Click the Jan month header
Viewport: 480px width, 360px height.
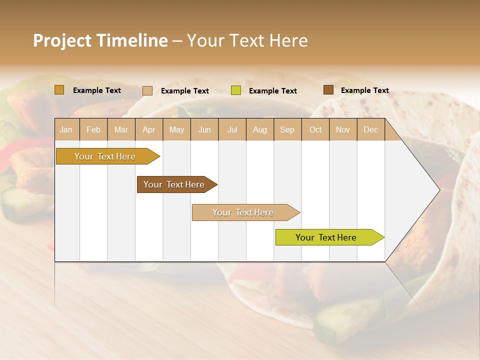coord(66,130)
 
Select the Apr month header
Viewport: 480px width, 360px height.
coord(148,130)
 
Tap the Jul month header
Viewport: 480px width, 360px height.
coord(232,130)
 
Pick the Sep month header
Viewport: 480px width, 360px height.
coord(287,130)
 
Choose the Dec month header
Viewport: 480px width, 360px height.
coord(370,130)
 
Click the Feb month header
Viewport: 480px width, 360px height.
coord(93,130)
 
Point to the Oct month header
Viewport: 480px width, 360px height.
coord(315,130)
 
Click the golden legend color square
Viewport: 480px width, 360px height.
coord(59,90)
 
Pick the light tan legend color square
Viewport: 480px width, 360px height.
coord(147,90)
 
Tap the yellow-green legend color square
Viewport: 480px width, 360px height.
coord(236,90)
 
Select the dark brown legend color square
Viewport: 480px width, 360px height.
coord(328,90)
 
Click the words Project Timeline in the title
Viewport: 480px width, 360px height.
coord(100,40)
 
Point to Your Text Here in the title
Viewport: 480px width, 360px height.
coord(247,40)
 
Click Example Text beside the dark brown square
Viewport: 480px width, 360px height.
coord(364,90)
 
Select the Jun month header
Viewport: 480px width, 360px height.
coord(204,130)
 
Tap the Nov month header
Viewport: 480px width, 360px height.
coord(343,130)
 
